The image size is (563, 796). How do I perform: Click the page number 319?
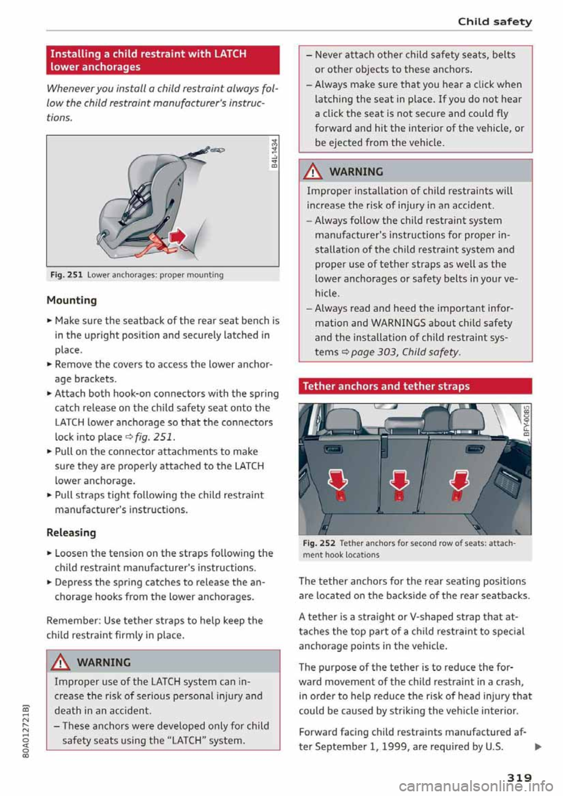pyautogui.click(x=519, y=777)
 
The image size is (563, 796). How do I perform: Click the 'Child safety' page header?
pyautogui.click(x=494, y=22)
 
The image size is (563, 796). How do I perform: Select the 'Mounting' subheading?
pyautogui.click(x=72, y=300)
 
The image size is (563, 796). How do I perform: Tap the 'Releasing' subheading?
pyautogui.click(x=71, y=532)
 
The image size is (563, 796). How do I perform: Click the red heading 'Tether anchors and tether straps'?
pyautogui.click(x=386, y=386)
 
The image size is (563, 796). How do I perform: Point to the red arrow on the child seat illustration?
pyautogui.click(x=177, y=236)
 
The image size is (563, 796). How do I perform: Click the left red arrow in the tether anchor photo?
pyautogui.click(x=338, y=479)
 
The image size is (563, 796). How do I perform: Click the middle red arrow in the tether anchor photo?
pyautogui.click(x=399, y=479)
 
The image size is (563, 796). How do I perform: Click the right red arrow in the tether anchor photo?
pyautogui.click(x=459, y=479)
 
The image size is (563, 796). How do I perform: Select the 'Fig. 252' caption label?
pyautogui.click(x=319, y=543)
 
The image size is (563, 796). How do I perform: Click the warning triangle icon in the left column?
pyautogui.click(x=62, y=662)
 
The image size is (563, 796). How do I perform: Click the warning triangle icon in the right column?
pyautogui.click(x=315, y=172)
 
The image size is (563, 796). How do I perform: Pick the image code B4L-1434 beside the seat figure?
pyautogui.click(x=273, y=152)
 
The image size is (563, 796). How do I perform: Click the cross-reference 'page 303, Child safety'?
pyautogui.click(x=405, y=352)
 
